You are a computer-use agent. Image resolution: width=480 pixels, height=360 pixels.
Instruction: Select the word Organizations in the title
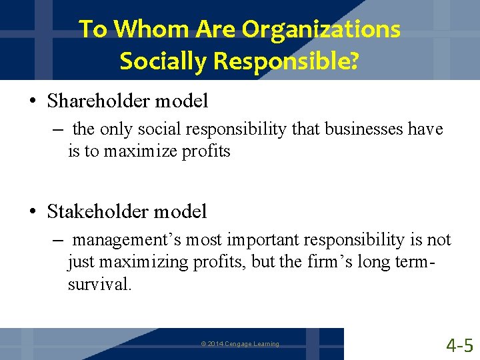321,29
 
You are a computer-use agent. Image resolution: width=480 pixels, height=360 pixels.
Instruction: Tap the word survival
99,285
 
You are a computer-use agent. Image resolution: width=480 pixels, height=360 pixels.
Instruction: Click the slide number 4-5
460,345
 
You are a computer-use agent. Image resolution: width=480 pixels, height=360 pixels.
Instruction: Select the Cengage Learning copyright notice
240,344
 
